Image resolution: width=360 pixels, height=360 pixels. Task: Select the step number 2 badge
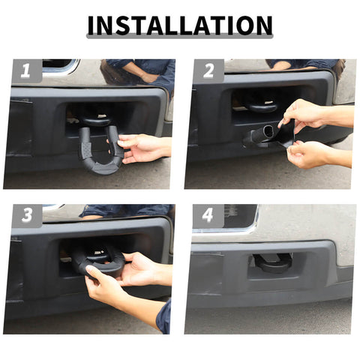[208, 71]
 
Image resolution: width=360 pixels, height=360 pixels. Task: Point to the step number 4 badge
[208, 216]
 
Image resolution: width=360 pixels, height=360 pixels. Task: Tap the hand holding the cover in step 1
[142, 146]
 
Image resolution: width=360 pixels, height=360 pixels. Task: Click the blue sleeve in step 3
[164, 316]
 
